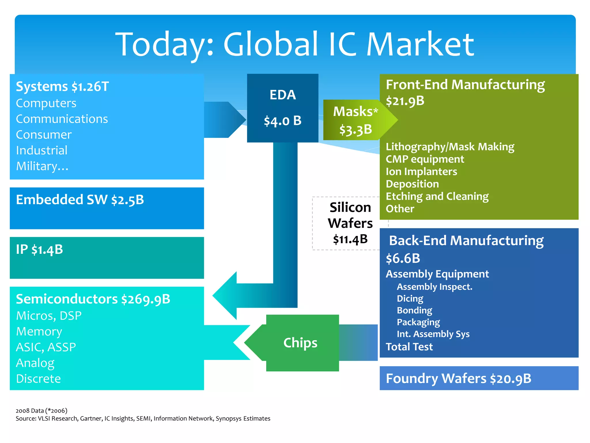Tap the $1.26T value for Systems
90,87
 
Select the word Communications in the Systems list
62,119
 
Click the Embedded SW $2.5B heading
80,200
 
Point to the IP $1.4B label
39,250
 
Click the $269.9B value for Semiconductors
146,299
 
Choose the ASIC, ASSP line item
46,347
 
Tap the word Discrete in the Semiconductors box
39,379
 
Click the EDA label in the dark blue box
283,95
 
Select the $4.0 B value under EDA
283,121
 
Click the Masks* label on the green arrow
355,112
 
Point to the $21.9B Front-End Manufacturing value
405,101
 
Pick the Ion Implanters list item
421,172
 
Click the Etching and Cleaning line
437,196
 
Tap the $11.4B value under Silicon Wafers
350,239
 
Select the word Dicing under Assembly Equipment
410,299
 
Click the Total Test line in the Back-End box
409,347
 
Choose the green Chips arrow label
300,343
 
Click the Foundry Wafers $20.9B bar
459,378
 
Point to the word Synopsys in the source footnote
228,418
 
